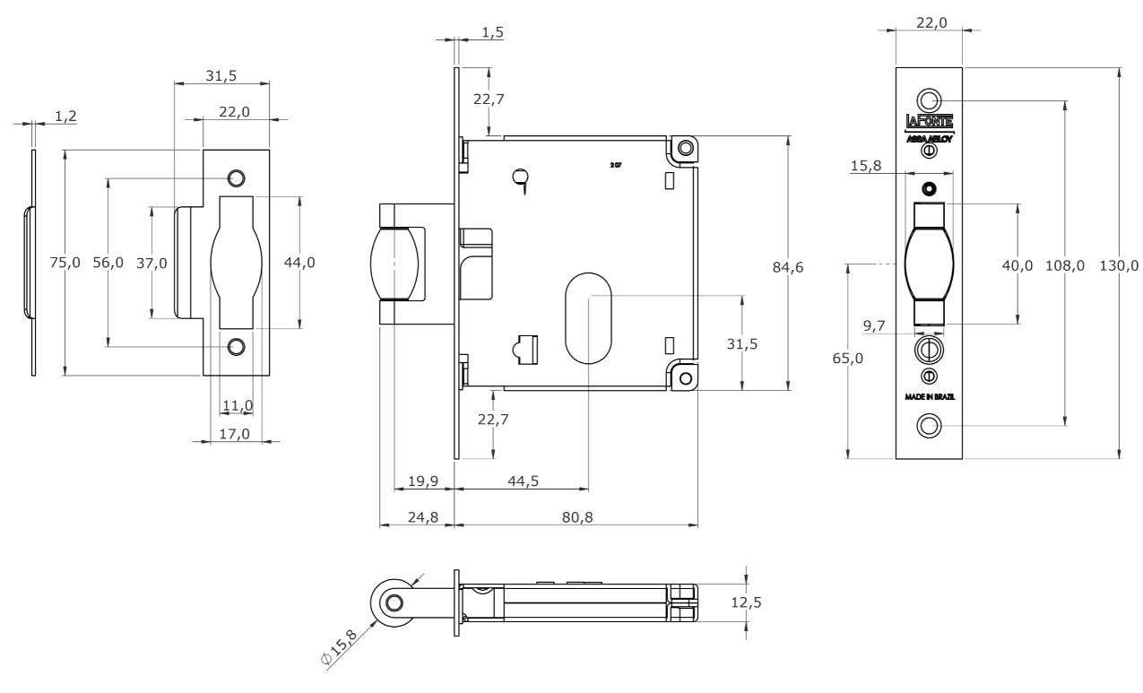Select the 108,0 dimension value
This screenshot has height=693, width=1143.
click(1065, 265)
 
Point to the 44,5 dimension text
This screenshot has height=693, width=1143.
click(523, 481)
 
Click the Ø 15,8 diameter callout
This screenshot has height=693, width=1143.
click(338, 646)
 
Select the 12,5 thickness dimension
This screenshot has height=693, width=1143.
click(746, 603)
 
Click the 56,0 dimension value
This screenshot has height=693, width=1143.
click(109, 262)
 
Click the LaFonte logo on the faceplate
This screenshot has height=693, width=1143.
click(929, 122)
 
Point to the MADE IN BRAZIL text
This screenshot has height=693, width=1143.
click(929, 395)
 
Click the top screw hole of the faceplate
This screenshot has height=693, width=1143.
click(929, 99)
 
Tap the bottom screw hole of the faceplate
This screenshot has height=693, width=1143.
click(929, 426)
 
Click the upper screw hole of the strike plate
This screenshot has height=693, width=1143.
click(237, 178)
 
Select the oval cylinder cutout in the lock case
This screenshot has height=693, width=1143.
click(588, 316)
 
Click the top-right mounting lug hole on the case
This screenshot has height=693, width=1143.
click(686, 147)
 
